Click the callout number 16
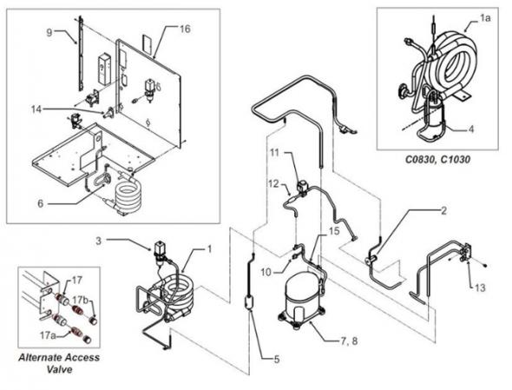pyautogui.click(x=185, y=29)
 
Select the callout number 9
pyautogui.click(x=49, y=32)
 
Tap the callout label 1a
pyautogui.click(x=485, y=18)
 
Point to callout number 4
pyautogui.click(x=470, y=129)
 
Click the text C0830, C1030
pyautogui.click(x=437, y=160)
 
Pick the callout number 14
pyautogui.click(x=36, y=109)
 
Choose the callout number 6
pyautogui.click(x=40, y=203)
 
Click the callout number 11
pyautogui.click(x=275, y=152)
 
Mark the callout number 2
pyautogui.click(x=443, y=211)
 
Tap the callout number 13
pyautogui.click(x=481, y=288)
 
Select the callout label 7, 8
pyautogui.click(x=349, y=341)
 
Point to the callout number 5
pyautogui.click(x=277, y=360)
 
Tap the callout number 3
pyautogui.click(x=98, y=241)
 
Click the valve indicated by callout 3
pyautogui.click(x=160, y=250)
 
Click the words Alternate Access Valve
pyautogui.click(x=59, y=363)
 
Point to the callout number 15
pyautogui.click(x=334, y=231)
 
